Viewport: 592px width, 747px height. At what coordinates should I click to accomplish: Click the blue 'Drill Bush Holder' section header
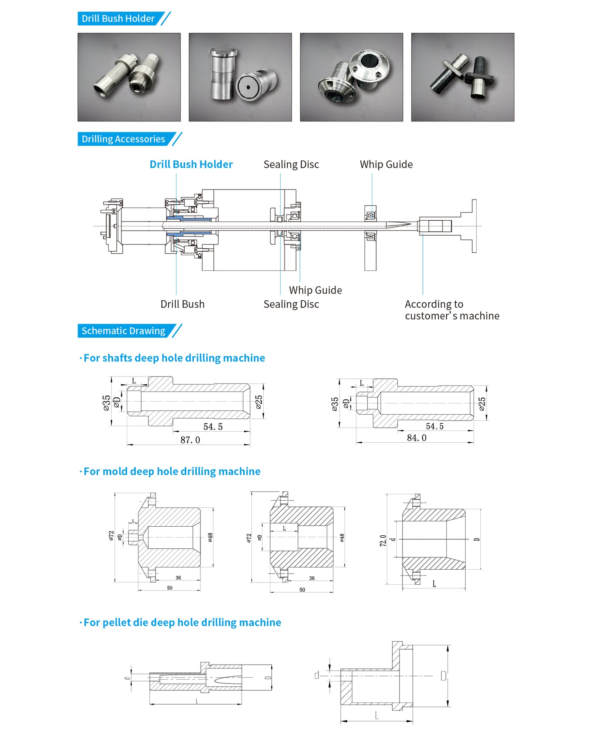click(x=118, y=19)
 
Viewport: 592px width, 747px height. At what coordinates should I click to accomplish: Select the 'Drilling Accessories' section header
click(x=123, y=139)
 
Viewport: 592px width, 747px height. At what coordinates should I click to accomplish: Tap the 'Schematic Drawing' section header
click(x=123, y=331)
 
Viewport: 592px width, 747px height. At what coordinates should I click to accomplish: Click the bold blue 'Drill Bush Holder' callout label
click(x=191, y=164)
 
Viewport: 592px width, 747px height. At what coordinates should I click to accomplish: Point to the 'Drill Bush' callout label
click(x=182, y=304)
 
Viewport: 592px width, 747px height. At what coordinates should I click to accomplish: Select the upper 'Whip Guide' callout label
click(x=386, y=164)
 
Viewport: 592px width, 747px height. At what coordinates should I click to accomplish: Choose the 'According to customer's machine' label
click(x=452, y=310)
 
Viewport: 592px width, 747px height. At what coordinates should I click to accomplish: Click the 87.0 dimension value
click(x=190, y=440)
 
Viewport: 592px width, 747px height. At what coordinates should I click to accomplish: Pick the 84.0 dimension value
click(x=417, y=438)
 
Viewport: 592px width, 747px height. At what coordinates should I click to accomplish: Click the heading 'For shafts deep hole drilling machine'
click(x=174, y=358)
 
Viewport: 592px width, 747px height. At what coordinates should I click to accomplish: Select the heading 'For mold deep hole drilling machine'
click(x=172, y=471)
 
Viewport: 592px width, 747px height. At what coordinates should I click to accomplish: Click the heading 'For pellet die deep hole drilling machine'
click(x=182, y=622)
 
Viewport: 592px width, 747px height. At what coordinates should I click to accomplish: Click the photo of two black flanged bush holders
click(x=463, y=77)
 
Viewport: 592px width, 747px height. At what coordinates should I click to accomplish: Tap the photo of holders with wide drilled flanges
click(x=351, y=77)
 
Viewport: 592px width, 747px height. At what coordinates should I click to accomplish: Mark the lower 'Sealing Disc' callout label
click(x=291, y=304)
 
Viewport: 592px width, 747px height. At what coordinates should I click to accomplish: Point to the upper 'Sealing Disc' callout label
click(x=291, y=164)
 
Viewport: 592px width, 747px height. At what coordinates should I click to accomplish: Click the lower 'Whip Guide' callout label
click(x=315, y=290)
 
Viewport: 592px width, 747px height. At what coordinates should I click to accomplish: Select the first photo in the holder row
click(x=129, y=77)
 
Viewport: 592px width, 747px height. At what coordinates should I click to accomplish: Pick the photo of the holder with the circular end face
click(x=240, y=77)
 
